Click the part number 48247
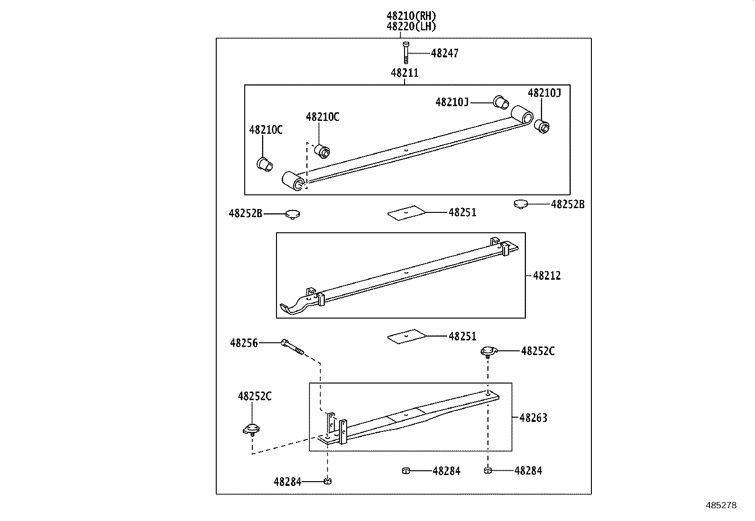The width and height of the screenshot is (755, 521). pos(444,54)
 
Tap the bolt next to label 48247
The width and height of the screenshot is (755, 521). pos(406,52)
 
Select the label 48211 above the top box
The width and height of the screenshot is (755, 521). pos(405,73)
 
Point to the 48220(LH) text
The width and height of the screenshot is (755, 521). pos(411,27)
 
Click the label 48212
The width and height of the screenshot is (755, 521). pos(546,275)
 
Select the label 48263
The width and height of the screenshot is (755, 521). pos(533,418)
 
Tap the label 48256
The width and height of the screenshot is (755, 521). pos(244,343)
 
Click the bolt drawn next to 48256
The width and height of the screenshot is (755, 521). pos(291,347)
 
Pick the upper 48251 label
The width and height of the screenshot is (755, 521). pos(462,212)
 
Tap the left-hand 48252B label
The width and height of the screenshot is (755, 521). pos(245,213)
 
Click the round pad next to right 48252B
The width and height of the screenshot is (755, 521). pos(521,204)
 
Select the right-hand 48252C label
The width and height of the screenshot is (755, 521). pos(537,351)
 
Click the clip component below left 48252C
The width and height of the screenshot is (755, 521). pos(251,429)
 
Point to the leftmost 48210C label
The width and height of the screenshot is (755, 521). pos(266,130)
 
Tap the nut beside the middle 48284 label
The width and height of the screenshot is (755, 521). pos(405,470)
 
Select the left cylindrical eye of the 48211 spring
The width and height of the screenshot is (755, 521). pos(293,182)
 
